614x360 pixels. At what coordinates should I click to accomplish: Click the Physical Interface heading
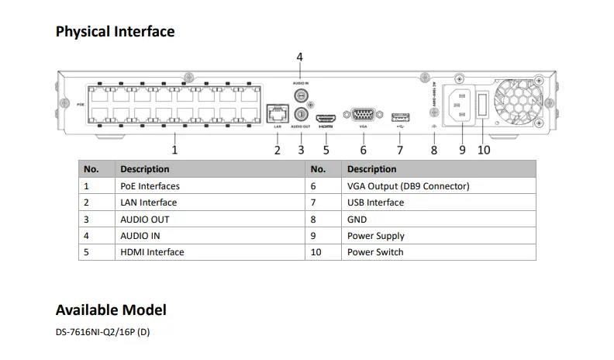tap(115, 32)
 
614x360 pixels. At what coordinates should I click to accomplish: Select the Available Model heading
tap(111, 310)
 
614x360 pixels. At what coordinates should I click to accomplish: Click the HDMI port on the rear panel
tap(326, 116)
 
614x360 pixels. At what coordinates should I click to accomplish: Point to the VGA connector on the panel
tap(363, 116)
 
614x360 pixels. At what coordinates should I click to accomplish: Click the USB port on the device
tap(399, 116)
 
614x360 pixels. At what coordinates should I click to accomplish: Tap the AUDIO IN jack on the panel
tap(300, 95)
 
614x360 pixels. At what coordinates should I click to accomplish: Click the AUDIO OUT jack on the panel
tap(300, 113)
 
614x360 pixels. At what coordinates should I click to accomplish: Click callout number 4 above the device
tap(300, 57)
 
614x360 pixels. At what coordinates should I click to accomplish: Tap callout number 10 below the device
tap(484, 150)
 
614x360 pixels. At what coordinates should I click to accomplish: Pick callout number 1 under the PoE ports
tap(174, 149)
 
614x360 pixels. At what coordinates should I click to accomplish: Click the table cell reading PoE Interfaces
tap(150, 186)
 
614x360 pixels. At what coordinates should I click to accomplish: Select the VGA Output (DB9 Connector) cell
tap(408, 186)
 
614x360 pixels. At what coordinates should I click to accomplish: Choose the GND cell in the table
tap(357, 220)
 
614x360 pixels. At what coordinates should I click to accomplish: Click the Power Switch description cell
tap(375, 252)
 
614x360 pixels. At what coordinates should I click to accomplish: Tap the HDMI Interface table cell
tap(152, 252)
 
